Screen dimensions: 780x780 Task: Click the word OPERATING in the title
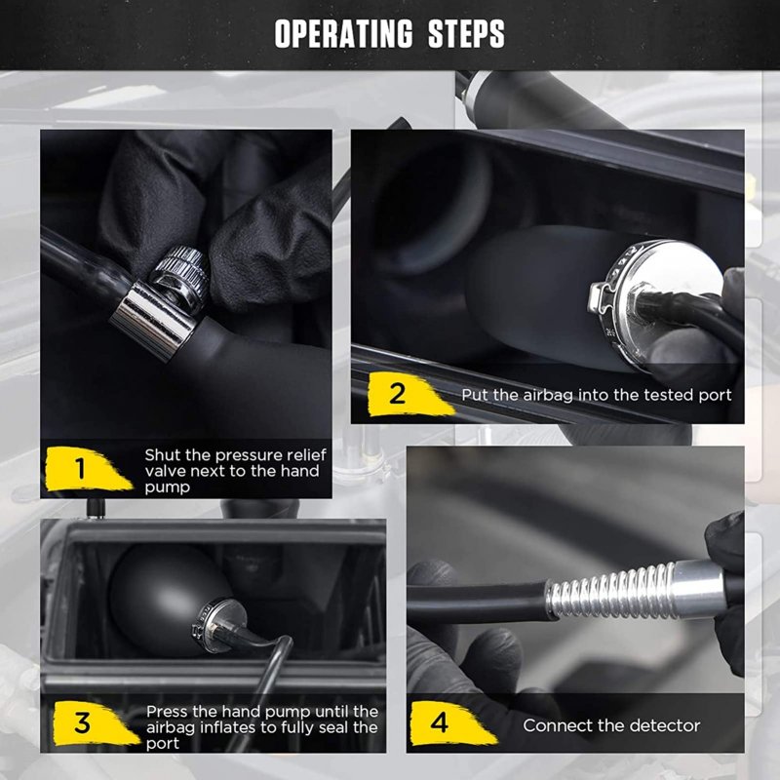344,34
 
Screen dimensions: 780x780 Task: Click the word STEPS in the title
467,34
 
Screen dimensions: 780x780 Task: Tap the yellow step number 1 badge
87,469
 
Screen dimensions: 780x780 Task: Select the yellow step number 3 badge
96,722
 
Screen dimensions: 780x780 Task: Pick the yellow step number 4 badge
451,722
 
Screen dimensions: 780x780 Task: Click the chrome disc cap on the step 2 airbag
656,303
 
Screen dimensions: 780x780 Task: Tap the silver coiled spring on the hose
611,593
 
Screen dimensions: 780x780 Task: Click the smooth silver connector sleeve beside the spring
697,589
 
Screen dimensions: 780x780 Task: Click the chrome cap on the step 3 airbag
218,626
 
